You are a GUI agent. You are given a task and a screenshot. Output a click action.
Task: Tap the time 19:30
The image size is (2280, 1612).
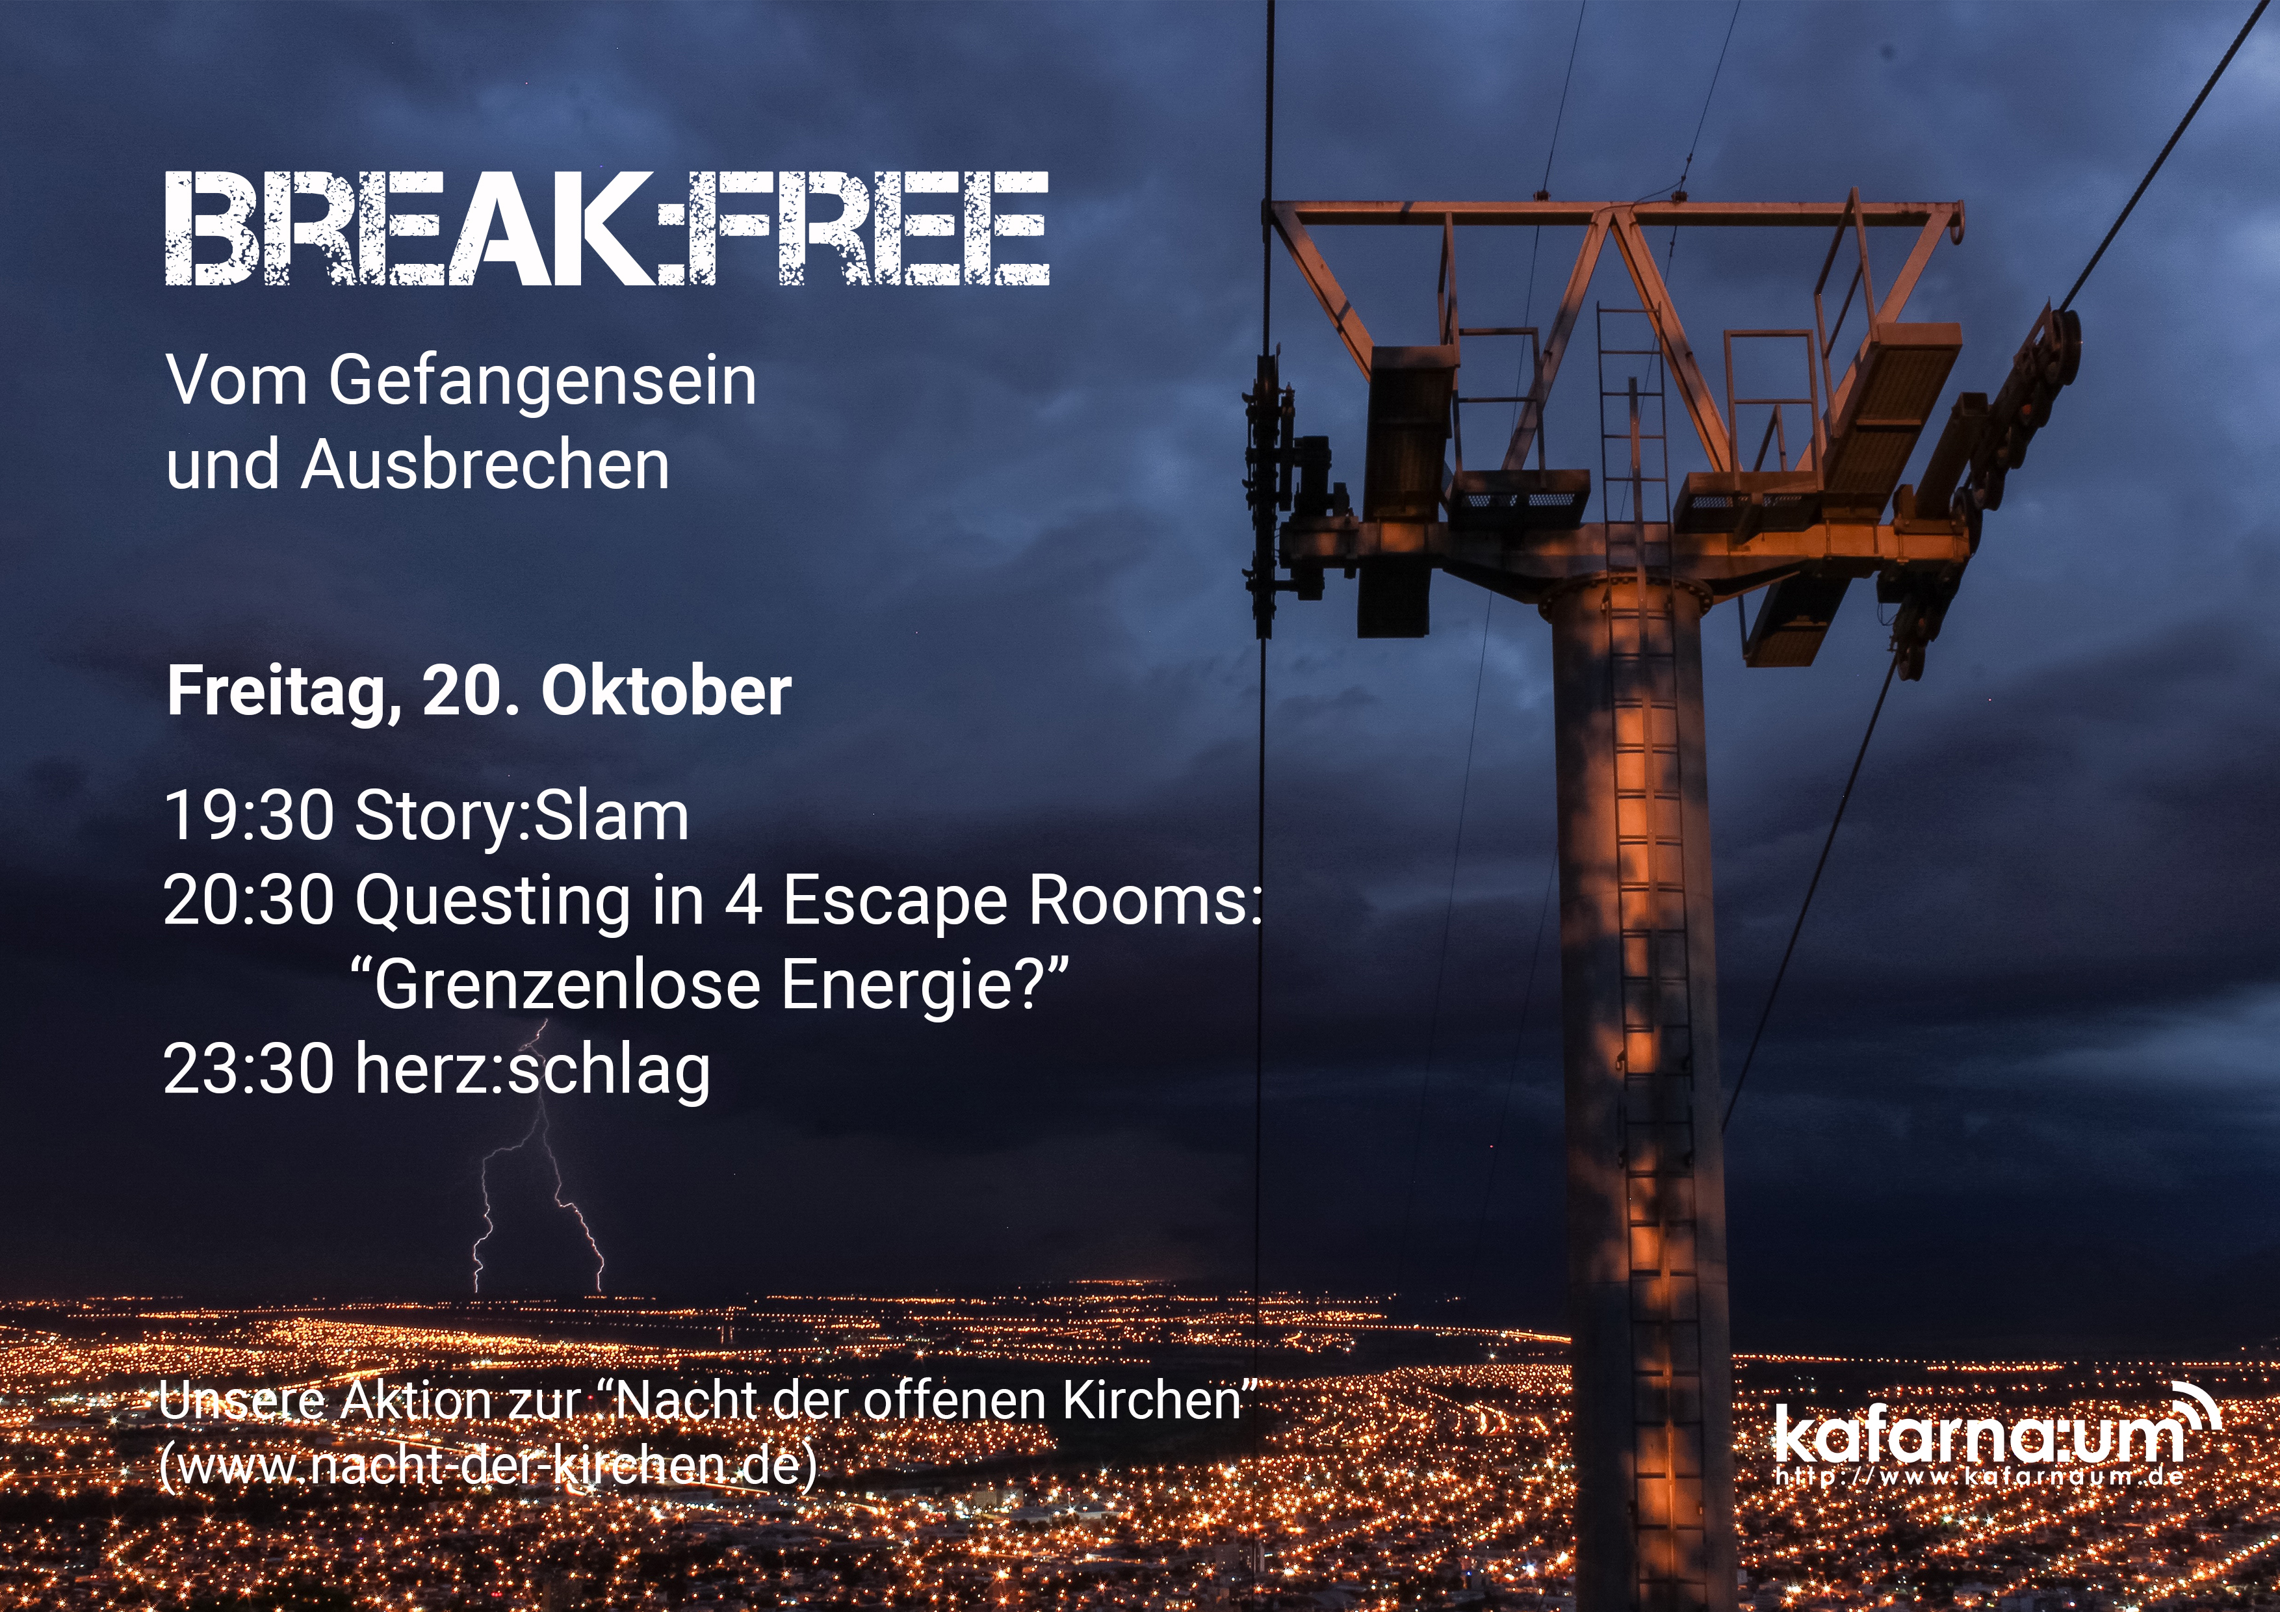(248, 816)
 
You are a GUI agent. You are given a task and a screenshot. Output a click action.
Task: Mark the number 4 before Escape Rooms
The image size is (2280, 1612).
(743, 901)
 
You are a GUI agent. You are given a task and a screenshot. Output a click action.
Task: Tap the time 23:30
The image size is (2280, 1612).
(248, 1070)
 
